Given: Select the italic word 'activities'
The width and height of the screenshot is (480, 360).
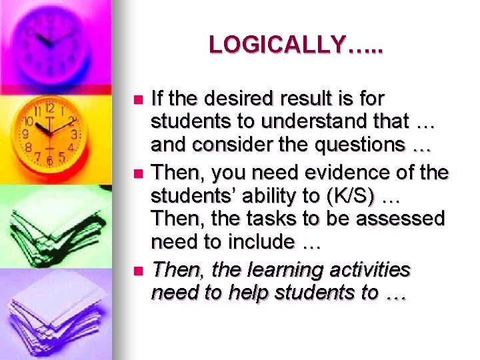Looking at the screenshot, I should (x=370, y=270).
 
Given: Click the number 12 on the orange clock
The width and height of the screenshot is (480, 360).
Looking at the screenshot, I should (x=50, y=107).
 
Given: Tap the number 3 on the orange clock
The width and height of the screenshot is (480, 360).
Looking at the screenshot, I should (x=74, y=133).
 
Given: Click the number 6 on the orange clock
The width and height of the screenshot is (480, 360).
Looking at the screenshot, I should (x=50, y=161).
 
